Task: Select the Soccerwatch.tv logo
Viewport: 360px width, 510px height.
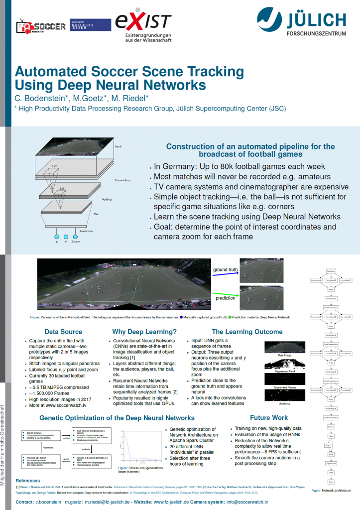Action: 42,26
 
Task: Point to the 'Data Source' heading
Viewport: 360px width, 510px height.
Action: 63,332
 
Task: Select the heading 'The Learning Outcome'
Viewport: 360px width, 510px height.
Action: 247,332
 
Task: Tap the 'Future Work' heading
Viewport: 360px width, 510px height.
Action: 269,417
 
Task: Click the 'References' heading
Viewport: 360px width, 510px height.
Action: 28,481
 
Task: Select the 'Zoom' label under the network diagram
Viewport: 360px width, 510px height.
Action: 75,242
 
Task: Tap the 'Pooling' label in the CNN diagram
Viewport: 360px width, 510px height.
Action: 107,199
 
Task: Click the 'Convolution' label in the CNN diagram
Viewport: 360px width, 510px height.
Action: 122,180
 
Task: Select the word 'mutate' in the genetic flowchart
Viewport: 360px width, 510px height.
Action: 66,439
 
